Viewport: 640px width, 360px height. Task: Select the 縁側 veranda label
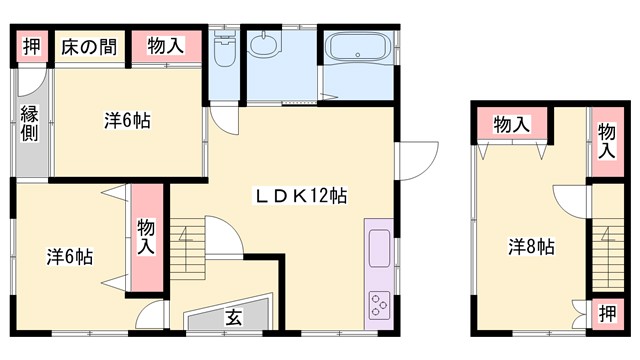[29, 122]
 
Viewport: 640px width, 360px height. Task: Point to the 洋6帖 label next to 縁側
[127, 121]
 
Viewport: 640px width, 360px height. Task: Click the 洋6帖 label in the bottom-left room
[69, 256]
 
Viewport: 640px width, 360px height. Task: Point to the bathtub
[357, 49]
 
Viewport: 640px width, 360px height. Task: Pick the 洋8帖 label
[530, 246]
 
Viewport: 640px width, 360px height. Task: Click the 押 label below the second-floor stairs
[608, 313]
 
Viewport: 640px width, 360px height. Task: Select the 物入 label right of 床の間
[164, 46]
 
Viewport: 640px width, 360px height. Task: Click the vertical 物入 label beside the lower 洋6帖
[146, 236]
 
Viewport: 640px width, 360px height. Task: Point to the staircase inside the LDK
[189, 254]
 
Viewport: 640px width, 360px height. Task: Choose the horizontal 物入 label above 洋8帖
[512, 124]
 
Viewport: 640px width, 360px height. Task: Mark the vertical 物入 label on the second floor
[607, 140]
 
